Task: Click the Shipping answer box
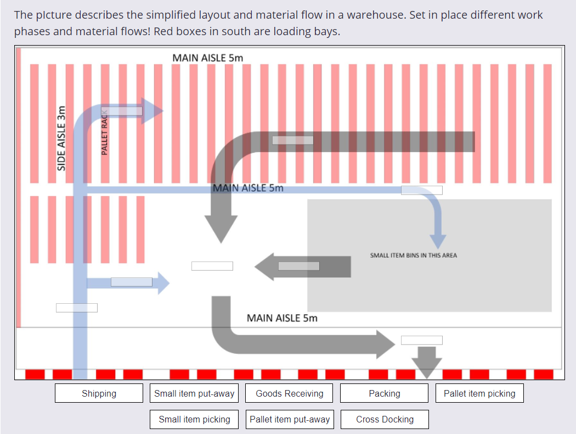[99, 393]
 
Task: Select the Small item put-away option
[194, 393]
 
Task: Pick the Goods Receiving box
[290, 393]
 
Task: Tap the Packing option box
[384, 393]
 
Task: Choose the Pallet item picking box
[479, 393]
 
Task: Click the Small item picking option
[194, 419]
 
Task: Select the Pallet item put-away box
[290, 419]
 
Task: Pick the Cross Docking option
[385, 419]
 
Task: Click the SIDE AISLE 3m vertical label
[62, 138]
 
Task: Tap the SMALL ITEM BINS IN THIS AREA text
[413, 255]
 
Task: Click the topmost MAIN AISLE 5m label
[207, 58]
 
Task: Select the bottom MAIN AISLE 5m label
[282, 318]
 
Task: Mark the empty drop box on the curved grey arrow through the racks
[292, 140]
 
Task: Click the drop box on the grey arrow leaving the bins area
[298, 266]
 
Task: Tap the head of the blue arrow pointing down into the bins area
[438, 241]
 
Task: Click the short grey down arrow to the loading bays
[426, 362]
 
